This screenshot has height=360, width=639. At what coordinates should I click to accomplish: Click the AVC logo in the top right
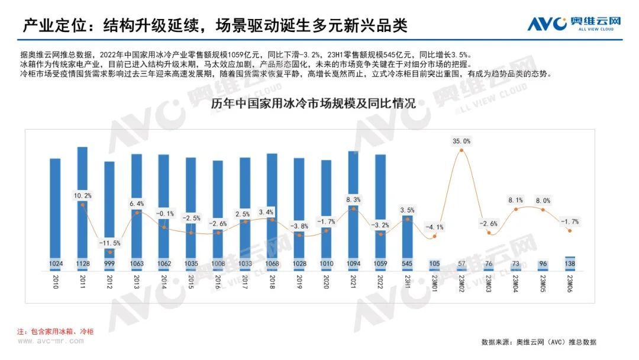point(575,24)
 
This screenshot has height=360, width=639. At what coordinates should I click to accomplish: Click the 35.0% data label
point(461,141)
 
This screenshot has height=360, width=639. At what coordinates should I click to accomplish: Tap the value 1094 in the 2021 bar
point(354,263)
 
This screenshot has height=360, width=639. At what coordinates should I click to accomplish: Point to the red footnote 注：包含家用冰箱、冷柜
point(55,332)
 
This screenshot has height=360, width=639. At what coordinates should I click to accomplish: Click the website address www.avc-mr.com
point(50,341)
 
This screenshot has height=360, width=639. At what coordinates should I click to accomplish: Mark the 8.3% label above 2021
point(354,200)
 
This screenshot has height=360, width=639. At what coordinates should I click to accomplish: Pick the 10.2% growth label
point(83,195)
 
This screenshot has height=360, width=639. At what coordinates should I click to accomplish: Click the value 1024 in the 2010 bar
point(56,263)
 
